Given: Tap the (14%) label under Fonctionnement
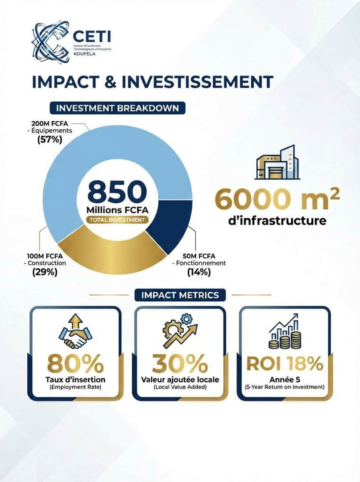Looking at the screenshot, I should click(199, 272).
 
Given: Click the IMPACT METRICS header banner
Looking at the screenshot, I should click(180, 296).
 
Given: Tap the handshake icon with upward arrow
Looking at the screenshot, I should click(75, 331).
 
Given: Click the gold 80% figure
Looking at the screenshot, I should click(75, 364).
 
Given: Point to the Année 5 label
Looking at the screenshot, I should click(285, 379).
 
